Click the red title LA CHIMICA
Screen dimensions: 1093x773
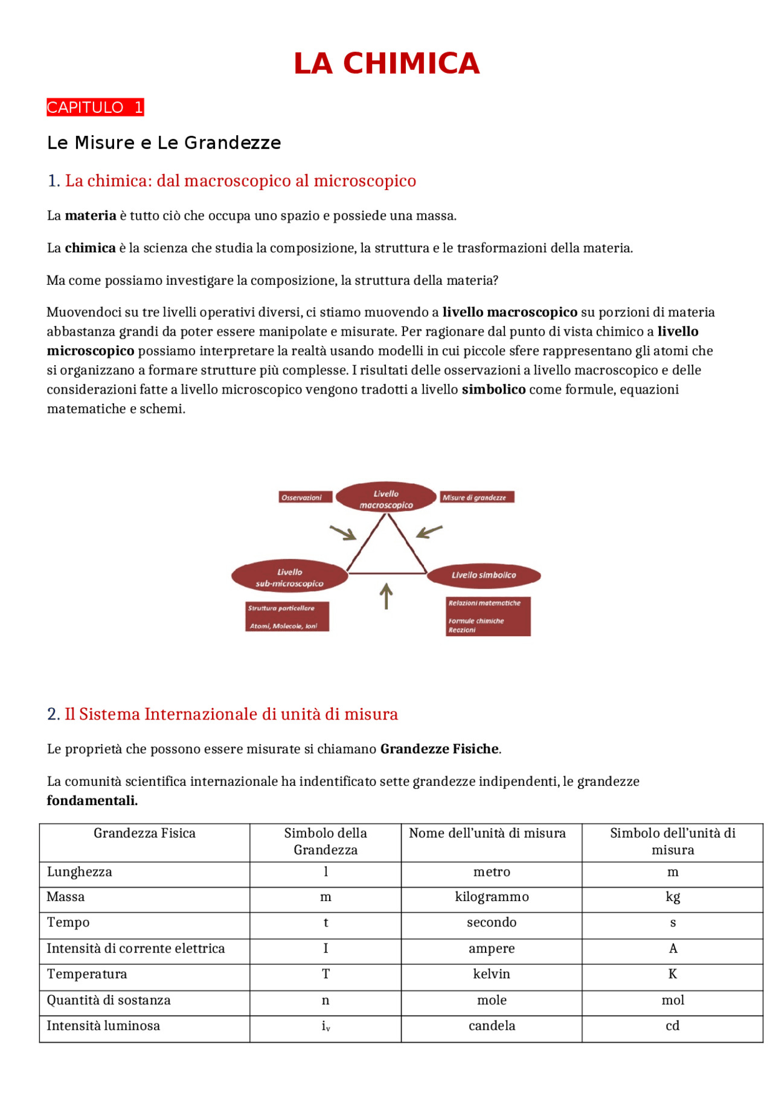(x=386, y=64)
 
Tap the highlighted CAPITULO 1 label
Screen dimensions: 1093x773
(x=95, y=107)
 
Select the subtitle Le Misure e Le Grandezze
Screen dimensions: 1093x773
(x=164, y=143)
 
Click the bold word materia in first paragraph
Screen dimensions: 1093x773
(x=91, y=216)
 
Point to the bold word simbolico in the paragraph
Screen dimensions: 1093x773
(x=493, y=390)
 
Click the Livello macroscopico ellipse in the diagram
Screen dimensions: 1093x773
(x=386, y=499)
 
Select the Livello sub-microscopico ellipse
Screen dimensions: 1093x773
(x=289, y=577)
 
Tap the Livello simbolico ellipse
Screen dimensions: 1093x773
(x=484, y=575)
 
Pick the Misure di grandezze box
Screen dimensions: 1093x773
(x=476, y=497)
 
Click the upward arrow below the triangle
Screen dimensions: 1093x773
(x=386, y=596)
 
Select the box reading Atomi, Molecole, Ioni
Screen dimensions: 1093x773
(x=287, y=617)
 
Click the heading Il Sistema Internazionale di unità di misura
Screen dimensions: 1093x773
(x=231, y=715)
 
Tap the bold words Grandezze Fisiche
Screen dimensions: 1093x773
(x=439, y=749)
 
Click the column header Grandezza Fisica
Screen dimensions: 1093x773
(x=144, y=833)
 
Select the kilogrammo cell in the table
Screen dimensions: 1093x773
(x=492, y=897)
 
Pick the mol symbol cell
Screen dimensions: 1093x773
(x=672, y=1001)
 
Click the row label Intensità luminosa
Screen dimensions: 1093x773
(x=103, y=1026)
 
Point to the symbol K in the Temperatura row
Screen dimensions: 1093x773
(x=672, y=974)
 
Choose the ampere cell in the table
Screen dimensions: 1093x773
(x=492, y=949)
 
